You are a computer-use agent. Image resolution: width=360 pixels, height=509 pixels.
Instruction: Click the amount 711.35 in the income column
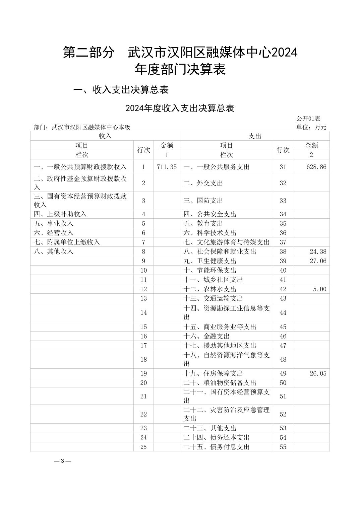pos(167,167)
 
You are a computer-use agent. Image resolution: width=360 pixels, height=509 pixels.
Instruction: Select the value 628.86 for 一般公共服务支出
pos(316,167)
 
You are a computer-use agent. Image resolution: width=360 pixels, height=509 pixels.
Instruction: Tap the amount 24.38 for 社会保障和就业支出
pos(318,251)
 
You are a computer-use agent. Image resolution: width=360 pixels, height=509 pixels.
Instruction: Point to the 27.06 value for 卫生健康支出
pos(318,261)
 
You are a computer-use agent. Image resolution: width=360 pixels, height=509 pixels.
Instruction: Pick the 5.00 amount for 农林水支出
pos(319,289)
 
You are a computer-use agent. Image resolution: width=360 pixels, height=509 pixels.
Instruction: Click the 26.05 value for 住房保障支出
pos(318,373)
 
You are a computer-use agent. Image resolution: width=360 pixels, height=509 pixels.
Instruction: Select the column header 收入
pos(105,136)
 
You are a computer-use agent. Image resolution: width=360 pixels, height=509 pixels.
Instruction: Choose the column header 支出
pos(255,136)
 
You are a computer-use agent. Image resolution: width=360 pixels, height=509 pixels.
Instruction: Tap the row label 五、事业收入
pos(54,223)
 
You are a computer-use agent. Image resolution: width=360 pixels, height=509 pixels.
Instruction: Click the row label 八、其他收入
pos(54,251)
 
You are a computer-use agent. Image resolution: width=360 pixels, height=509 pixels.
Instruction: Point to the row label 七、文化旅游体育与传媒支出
pos(227,242)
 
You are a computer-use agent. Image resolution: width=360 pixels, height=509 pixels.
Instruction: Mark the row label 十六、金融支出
pos(206,336)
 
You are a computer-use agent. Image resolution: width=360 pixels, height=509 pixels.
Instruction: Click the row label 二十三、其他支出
pos(210,428)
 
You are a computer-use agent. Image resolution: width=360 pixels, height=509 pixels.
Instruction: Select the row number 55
pos(283,447)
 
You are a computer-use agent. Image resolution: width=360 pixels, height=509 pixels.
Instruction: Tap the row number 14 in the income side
pos(143,312)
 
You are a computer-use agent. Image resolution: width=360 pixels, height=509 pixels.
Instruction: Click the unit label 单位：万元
pos(311,127)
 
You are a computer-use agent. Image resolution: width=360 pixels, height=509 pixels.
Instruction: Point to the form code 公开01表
pos(308,119)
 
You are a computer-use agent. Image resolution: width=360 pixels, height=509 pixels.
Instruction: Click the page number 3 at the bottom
pos(62,461)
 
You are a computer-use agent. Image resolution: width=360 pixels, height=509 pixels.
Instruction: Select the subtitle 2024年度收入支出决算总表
pos(180,108)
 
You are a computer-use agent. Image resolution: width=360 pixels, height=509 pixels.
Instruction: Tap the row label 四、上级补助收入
pos(60,214)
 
